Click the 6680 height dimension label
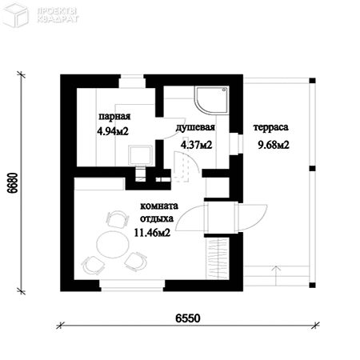coord(13,183)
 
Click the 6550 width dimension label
coord(188,318)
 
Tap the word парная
coord(114,117)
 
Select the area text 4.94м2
coord(113,131)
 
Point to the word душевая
coord(195,127)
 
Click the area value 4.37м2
coord(197,145)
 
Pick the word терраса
coord(270,127)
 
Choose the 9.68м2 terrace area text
coord(274,145)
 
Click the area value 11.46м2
coord(152,233)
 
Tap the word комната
coord(159,206)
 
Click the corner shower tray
coord(211,100)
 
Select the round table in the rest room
coord(113,244)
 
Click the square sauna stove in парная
coord(141,155)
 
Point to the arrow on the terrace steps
coord(276,275)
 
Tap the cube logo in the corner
coord(16,15)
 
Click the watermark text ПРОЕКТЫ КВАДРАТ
coord(58,15)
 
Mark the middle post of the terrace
coord(312,169)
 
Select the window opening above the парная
coord(132,81)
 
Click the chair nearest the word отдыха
coord(118,219)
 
